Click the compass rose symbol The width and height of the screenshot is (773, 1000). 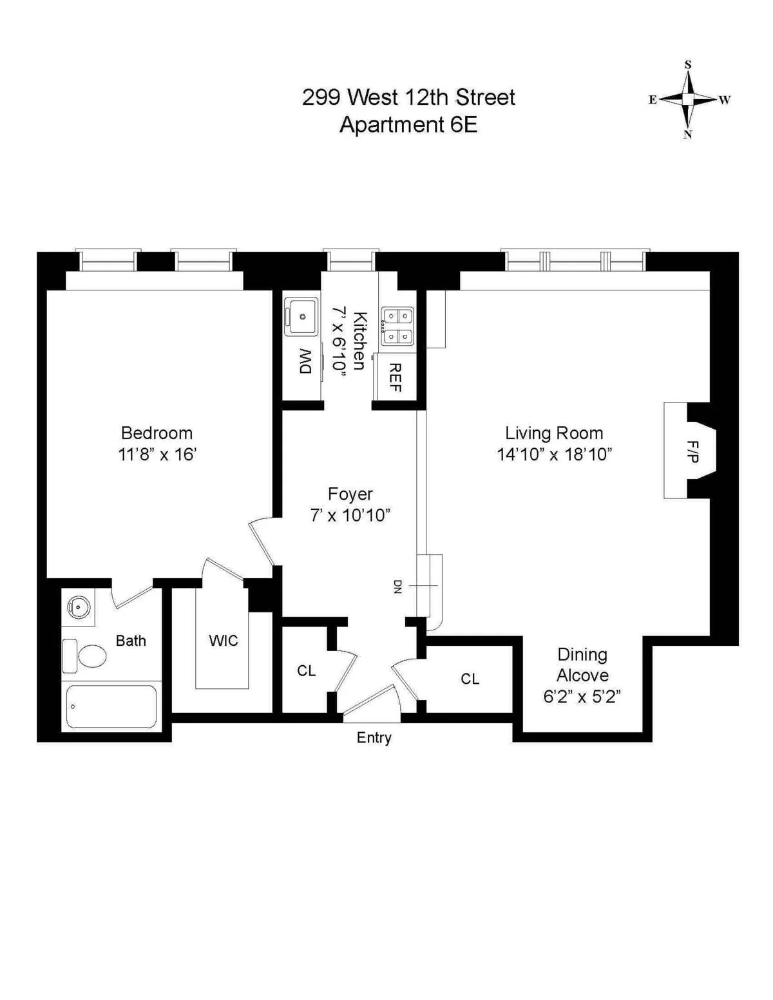tap(688, 99)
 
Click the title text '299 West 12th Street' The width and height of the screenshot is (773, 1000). tap(408, 97)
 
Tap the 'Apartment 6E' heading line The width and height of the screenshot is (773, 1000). tap(408, 124)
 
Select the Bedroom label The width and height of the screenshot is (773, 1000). tap(157, 433)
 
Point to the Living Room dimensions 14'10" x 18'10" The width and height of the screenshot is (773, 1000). tap(554, 455)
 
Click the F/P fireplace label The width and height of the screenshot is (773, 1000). tap(692, 451)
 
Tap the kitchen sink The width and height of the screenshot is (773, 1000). tap(301, 316)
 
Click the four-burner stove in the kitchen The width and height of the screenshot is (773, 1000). tap(397, 326)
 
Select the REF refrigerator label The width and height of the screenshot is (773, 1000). tap(396, 377)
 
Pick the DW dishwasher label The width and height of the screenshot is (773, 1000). tap(305, 361)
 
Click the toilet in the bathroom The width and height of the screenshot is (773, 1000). tap(85, 656)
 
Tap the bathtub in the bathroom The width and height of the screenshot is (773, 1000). tap(111, 706)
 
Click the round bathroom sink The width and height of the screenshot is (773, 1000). tap(79, 607)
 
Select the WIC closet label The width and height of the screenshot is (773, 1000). tap(224, 641)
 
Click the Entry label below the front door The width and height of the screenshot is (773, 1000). tap(374, 738)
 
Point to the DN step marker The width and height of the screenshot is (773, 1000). tap(397, 586)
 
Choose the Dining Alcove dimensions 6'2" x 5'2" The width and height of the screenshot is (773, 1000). tap(582, 697)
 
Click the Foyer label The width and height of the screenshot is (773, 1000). tap(350, 494)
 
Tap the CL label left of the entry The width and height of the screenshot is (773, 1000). tap(307, 671)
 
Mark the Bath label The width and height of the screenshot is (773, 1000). tap(131, 641)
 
